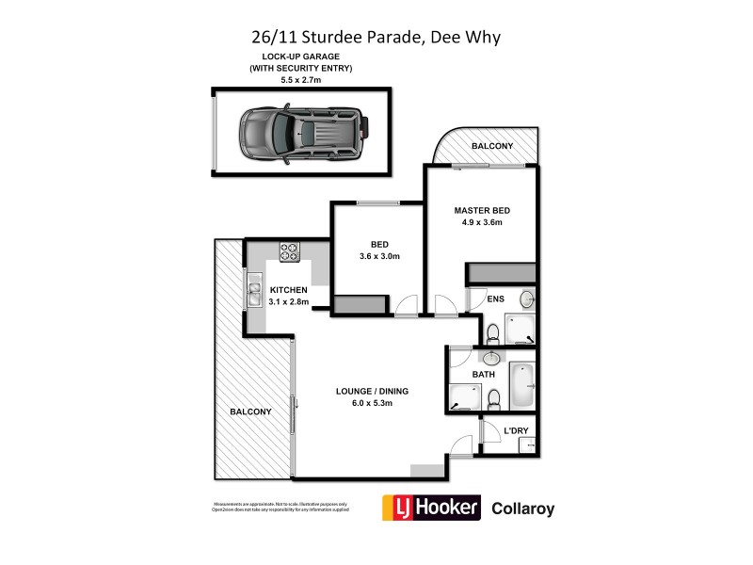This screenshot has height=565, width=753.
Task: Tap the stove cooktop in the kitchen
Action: [x=289, y=252]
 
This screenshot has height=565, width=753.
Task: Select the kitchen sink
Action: [x=254, y=295]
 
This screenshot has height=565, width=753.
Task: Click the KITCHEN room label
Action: [x=289, y=289]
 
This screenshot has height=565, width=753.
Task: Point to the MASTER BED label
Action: [x=482, y=210]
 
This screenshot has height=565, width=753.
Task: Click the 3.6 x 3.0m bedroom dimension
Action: [x=379, y=256]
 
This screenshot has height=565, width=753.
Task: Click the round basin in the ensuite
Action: [x=526, y=299]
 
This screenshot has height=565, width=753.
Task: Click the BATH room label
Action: [x=484, y=374]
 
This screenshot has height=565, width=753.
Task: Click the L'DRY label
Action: [x=516, y=430]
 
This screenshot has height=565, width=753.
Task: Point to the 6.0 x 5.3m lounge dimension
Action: [x=366, y=403]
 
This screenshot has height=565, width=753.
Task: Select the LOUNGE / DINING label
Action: [x=372, y=391]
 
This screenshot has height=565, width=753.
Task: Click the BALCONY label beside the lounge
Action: [x=250, y=412]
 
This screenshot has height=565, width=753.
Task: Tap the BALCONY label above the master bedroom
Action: [x=492, y=146]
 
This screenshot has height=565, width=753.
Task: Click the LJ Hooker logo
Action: [x=430, y=508]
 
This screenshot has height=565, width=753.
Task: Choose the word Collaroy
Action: [x=523, y=509]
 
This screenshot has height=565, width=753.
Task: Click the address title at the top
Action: [x=376, y=39]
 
